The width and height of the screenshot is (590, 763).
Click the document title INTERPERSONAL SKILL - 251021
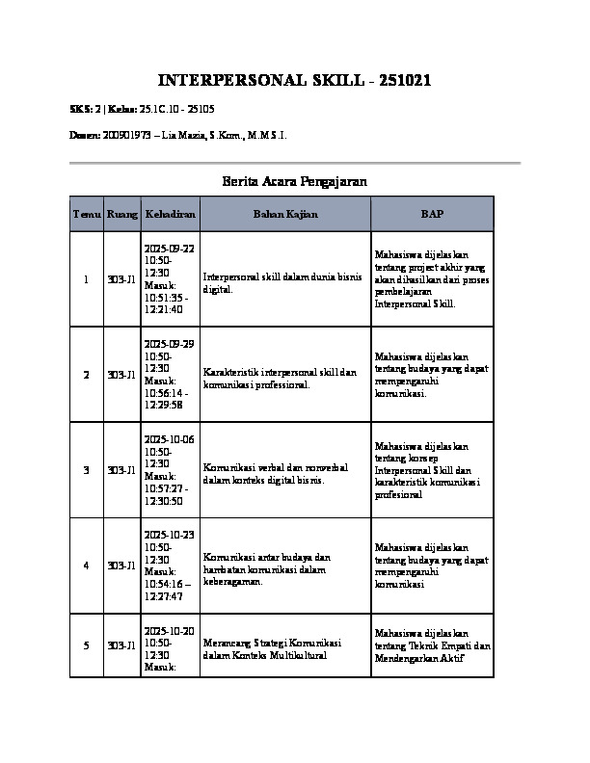(294, 80)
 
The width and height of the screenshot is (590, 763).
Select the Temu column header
(86, 213)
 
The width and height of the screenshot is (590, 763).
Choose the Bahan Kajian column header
(284, 213)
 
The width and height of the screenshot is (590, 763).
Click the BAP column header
(432, 213)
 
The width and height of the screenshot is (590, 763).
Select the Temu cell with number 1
(86, 279)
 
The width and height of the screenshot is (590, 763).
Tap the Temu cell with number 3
(86, 470)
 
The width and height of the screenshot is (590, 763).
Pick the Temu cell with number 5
(86, 645)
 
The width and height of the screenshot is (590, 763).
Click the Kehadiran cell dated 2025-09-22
(169, 279)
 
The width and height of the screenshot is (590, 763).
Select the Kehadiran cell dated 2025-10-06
(169, 470)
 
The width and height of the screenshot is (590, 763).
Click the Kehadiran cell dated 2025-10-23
(169, 566)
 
